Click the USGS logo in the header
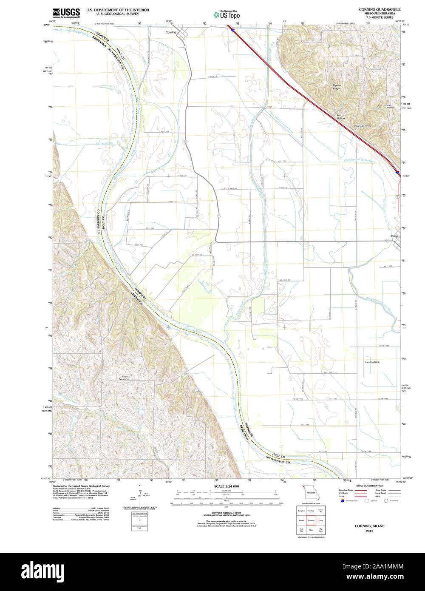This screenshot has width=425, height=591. tap(66, 12)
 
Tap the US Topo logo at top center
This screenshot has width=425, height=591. tap(227, 14)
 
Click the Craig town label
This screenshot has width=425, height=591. tap(394, 236)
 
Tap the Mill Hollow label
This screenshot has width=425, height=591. tap(341, 116)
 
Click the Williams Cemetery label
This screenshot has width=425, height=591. tap(362, 126)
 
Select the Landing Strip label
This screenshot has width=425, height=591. tap(372, 362)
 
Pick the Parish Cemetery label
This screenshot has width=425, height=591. tap(390, 106)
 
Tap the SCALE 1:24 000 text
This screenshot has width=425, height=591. tap(226, 486)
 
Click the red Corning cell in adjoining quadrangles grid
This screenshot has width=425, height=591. tap(311, 520)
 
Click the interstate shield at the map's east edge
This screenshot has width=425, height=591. tap(397, 172)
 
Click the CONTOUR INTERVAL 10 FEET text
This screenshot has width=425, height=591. tap(226, 513)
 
